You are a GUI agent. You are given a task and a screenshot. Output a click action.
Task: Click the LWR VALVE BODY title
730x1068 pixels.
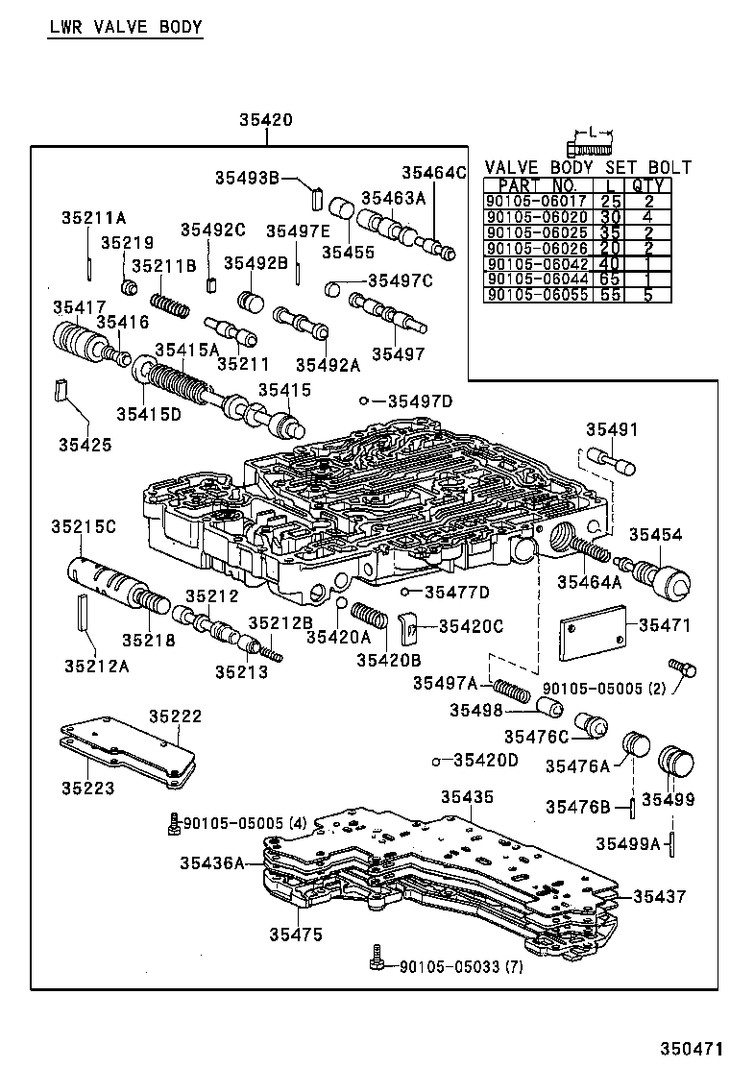click(x=126, y=27)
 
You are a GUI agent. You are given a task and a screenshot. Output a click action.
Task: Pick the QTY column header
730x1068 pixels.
click(x=648, y=185)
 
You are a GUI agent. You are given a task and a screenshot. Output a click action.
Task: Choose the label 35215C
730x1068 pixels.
click(x=84, y=526)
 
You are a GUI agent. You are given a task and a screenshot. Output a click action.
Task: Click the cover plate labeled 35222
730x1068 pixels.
click(x=130, y=752)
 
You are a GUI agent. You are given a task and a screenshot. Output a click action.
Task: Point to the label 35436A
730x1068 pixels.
click(x=211, y=862)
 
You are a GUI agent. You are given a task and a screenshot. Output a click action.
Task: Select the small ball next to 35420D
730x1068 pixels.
click(x=436, y=761)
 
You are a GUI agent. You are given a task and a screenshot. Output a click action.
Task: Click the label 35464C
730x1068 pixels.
click(x=433, y=173)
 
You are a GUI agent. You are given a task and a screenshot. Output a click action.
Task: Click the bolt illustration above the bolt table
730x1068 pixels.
click(x=589, y=148)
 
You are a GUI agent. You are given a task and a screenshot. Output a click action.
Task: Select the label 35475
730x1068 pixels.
click(x=296, y=934)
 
